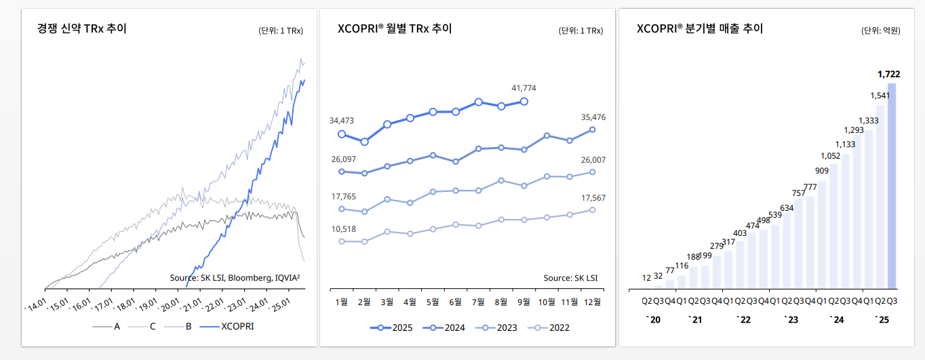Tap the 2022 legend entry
tap(549, 327)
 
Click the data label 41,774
tap(524, 88)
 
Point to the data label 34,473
tap(342, 121)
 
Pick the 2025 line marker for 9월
tap(524, 102)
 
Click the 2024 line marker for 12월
tap(592, 129)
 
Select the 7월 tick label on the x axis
tap(478, 302)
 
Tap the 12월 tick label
tap(592, 302)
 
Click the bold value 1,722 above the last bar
tap(888, 73)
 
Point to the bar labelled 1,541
tap(880, 196)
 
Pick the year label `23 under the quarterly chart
tap(790, 319)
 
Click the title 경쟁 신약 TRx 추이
tap(82, 28)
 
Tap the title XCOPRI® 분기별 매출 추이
tap(700, 28)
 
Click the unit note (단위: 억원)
tap(880, 31)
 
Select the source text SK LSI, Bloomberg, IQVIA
tap(235, 277)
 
